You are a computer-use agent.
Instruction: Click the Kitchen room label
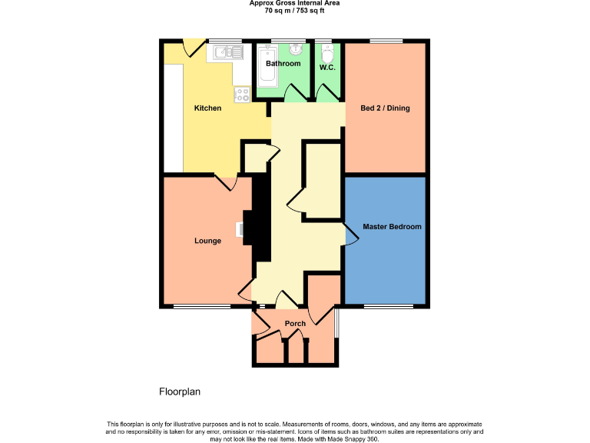tap(207, 108)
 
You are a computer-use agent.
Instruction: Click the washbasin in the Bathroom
tap(296, 49)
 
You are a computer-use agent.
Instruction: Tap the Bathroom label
tap(283, 64)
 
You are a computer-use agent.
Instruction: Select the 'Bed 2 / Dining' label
tap(385, 108)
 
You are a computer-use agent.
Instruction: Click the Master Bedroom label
tap(393, 227)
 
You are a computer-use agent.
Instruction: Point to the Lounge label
tap(207, 241)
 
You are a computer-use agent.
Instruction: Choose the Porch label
tap(295, 324)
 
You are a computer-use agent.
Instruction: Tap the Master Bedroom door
tap(350, 236)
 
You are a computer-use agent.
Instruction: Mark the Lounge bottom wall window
tap(201, 307)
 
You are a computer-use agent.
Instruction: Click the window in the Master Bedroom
tap(385, 307)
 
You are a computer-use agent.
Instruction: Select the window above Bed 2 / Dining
tap(386, 40)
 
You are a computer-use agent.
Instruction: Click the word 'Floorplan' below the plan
tap(180, 391)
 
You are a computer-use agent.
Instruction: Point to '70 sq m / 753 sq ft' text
tap(295, 10)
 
